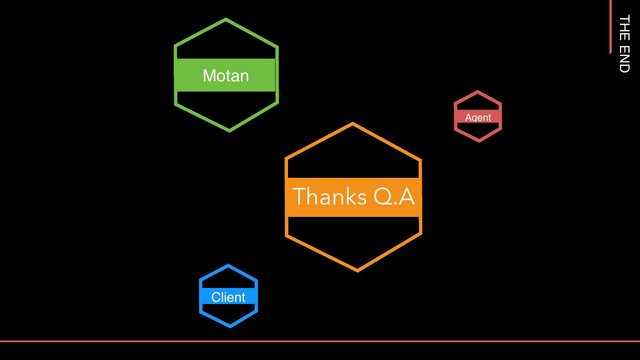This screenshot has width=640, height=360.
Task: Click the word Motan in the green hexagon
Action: [226, 76]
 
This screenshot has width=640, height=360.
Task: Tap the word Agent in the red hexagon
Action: [478, 117]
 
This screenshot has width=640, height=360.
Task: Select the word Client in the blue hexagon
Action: [228, 297]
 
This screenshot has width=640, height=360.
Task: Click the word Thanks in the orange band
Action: [330, 196]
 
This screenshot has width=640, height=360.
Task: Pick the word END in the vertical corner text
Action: [624, 58]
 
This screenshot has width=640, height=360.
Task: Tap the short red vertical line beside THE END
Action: [611, 27]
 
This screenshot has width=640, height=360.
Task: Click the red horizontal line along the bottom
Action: [320, 341]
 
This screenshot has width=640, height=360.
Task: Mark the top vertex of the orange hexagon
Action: [353, 124]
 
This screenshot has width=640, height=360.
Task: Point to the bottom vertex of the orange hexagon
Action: [358, 270]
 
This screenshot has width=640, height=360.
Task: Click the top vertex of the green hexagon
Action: [226, 19]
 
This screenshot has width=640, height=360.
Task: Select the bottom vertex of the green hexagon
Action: [229, 131]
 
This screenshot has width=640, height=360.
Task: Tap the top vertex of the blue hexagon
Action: [228, 265]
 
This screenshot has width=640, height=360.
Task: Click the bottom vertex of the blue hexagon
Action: [230, 327]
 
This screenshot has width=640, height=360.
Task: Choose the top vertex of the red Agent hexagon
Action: [478, 92]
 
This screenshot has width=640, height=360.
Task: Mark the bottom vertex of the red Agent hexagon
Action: [479, 141]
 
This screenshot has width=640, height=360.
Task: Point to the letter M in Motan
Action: [209, 76]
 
